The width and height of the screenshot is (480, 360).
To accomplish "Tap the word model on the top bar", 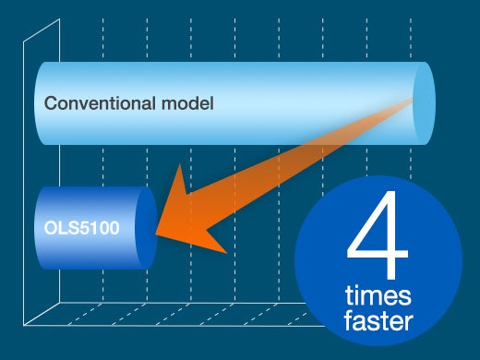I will (191, 102).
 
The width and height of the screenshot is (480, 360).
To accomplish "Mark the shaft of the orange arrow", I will (305, 157).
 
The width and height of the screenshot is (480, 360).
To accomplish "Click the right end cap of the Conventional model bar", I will (422, 102).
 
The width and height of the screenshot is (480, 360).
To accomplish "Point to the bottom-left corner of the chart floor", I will (26, 323).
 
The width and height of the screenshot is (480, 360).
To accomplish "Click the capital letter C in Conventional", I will (52, 102).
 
